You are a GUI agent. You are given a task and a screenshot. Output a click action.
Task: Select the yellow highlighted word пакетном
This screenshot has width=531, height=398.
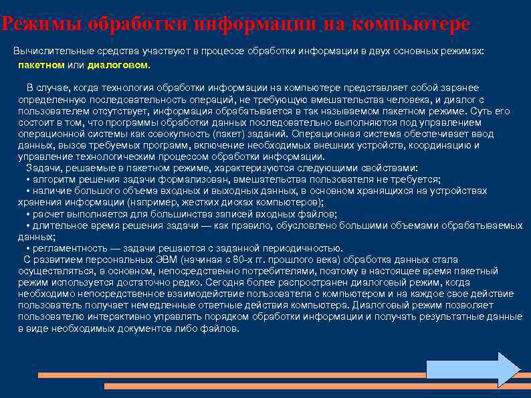click(41, 66)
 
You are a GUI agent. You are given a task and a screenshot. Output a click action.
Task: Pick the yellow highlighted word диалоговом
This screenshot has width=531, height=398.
click(119, 66)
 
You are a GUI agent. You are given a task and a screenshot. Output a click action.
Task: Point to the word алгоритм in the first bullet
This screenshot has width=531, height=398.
click(51, 179)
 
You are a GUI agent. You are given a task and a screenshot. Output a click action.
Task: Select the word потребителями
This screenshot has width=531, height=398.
click(276, 271)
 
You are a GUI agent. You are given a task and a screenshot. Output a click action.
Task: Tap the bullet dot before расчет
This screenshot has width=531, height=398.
click(27, 214)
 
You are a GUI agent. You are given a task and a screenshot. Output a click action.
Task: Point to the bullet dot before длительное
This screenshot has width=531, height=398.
click(27, 225)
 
